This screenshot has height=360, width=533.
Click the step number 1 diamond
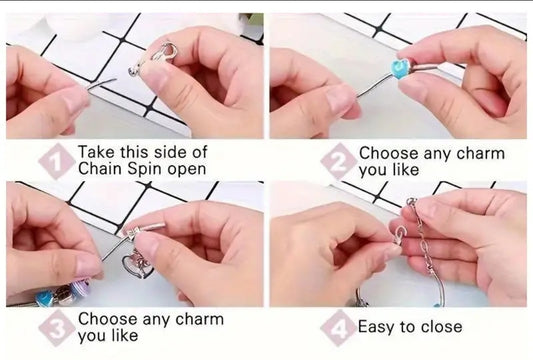(x=56, y=161)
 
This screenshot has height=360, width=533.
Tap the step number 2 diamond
(x=338, y=161)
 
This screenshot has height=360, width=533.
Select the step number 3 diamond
(x=56, y=328)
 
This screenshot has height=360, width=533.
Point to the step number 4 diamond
(x=338, y=328)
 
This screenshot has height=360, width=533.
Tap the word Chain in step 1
(x=100, y=168)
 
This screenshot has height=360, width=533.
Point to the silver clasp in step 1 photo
(x=155, y=59)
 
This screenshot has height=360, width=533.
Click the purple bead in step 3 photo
(x=81, y=288)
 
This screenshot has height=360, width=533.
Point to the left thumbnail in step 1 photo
(x=74, y=98)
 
